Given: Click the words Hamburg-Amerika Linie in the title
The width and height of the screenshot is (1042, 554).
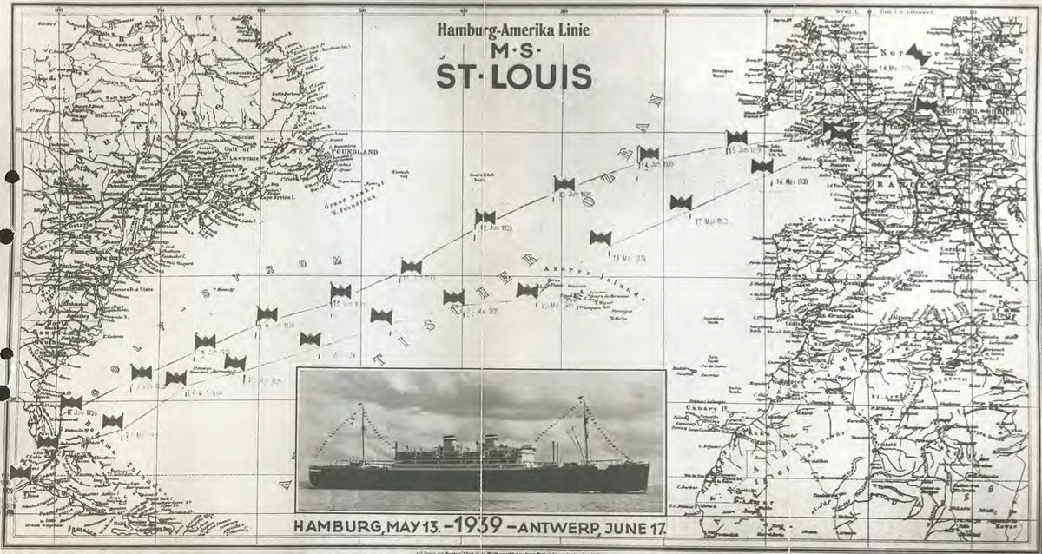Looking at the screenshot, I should pos(513,30).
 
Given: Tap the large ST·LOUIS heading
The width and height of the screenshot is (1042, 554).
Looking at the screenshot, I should pos(514,77).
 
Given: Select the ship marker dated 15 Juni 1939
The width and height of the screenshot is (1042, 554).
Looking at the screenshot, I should pos(736,137).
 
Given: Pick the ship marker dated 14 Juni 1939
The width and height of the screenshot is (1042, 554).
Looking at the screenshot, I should pos(648,154).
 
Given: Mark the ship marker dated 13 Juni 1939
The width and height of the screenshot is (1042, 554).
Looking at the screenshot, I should pos(564,183).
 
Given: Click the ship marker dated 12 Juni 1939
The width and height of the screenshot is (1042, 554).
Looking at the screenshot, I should pos(485,217).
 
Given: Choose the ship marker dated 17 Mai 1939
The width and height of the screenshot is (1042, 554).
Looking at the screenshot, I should pos(681,202).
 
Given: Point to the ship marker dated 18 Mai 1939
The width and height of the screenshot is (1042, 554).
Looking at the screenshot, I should pos(600,237).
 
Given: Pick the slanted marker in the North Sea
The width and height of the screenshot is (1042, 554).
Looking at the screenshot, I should pos(917,55).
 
